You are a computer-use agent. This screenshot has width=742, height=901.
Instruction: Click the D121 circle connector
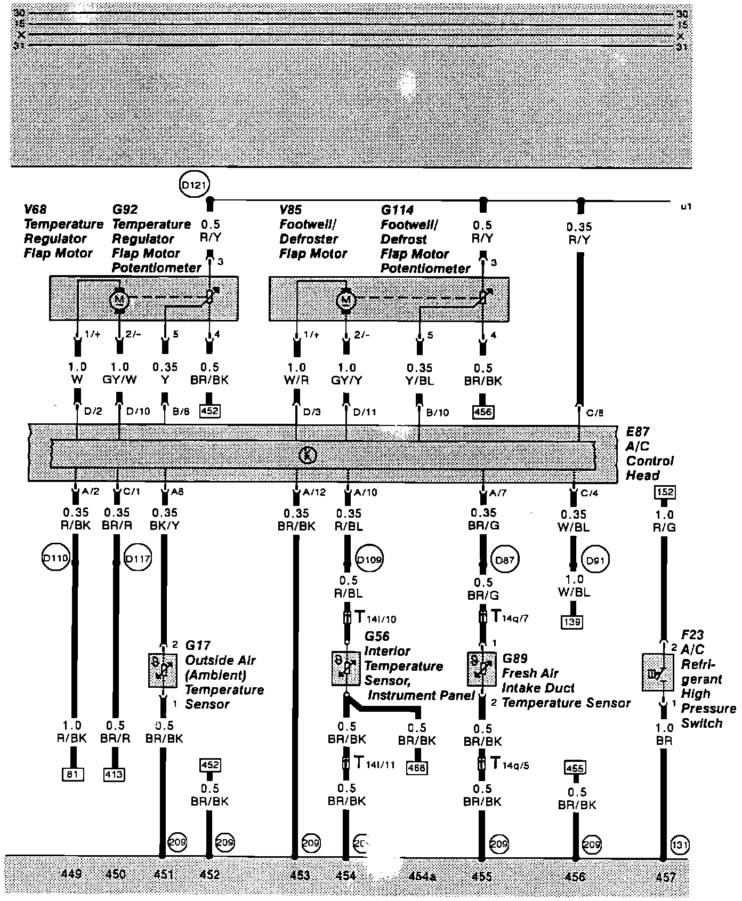[x=195, y=186]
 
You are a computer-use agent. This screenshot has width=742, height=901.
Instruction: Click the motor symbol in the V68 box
[x=119, y=300]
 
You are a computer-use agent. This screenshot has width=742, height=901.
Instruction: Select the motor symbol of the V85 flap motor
[x=346, y=301]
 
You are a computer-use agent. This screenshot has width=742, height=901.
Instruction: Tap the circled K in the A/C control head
[x=308, y=455]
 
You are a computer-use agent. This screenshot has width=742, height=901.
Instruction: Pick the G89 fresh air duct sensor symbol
[x=481, y=669]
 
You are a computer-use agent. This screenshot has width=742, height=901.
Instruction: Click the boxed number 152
[x=665, y=492]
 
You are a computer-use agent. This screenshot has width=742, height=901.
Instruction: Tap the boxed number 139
[x=574, y=621]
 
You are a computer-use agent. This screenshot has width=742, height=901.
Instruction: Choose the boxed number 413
[x=114, y=774]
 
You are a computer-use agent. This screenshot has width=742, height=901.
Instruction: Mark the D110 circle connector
[x=55, y=559]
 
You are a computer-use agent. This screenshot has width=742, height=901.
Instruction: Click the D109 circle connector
[x=369, y=560]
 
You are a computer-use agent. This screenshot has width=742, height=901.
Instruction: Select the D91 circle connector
[x=595, y=560]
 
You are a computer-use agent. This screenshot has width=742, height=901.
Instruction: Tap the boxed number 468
[x=417, y=768]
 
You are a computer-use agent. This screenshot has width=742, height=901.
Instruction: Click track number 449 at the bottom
[x=71, y=874]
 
